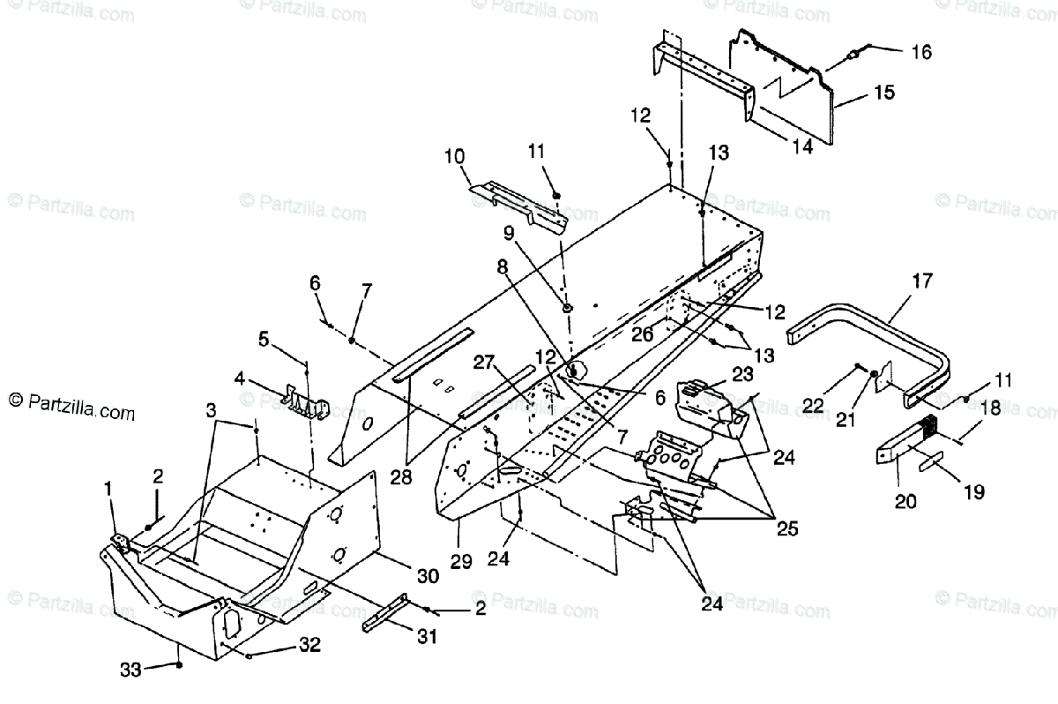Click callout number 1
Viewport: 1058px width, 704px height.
click(x=108, y=488)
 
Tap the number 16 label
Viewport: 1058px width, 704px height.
click(x=920, y=52)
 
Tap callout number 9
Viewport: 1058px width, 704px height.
click(x=508, y=234)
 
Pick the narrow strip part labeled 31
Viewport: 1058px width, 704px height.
click(x=386, y=613)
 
